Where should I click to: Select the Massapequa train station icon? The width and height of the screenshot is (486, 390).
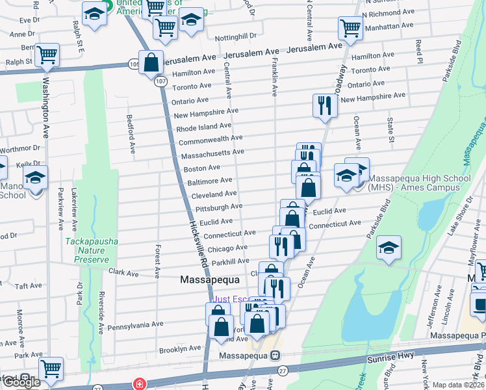275,356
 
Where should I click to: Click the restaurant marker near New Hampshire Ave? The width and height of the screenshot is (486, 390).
324,105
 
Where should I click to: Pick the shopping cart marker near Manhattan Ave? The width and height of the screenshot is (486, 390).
350,29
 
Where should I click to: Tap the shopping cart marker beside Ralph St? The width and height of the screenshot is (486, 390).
47,55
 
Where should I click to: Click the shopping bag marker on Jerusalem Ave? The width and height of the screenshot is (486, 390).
151,63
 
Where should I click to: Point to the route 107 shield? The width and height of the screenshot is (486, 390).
159,81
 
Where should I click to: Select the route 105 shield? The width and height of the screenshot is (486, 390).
134,64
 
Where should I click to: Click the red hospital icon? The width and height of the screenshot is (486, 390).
138,384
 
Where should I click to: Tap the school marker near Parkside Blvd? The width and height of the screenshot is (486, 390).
389,248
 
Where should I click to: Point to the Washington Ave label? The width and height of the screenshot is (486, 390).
46,109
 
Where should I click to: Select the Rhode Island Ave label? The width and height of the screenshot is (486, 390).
203,126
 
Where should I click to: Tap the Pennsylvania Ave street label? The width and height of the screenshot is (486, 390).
135,324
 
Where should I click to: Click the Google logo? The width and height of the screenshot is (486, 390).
21,382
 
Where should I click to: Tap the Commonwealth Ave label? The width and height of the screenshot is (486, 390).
210,139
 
